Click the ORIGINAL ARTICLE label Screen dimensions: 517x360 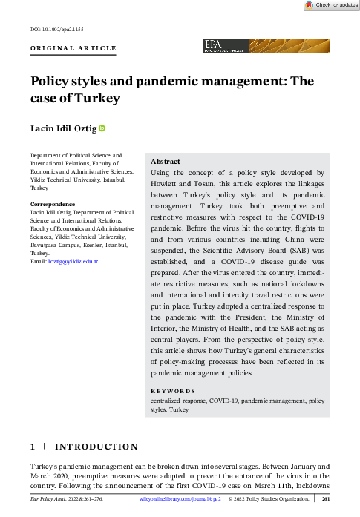click(73, 48)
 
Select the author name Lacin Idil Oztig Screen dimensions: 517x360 click(63, 129)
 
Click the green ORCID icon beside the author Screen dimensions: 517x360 click(102, 129)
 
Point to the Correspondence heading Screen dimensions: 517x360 click(52, 204)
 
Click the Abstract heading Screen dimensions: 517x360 click(165, 161)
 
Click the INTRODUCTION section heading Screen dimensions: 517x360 click(96, 447)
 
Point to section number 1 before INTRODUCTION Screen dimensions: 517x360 click(32, 447)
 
